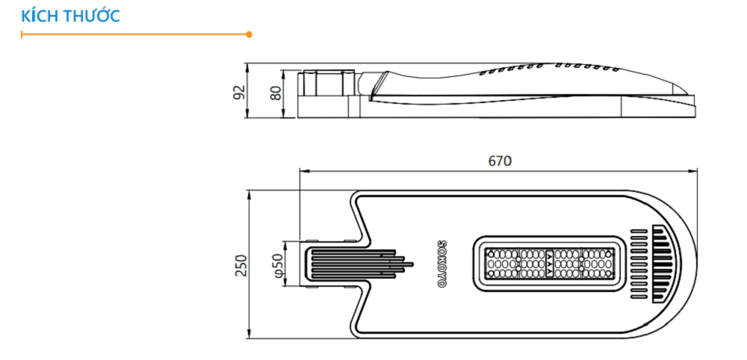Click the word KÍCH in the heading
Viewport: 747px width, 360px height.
(x=38, y=16)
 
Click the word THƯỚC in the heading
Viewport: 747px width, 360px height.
(x=92, y=16)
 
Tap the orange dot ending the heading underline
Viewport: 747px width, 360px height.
(x=249, y=34)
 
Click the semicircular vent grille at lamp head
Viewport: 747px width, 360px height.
(x=663, y=264)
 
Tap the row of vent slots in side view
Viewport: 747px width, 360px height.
(x=549, y=69)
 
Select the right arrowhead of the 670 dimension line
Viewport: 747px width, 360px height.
(x=695, y=171)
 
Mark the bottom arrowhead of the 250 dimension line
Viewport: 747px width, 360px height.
(x=249, y=336)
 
